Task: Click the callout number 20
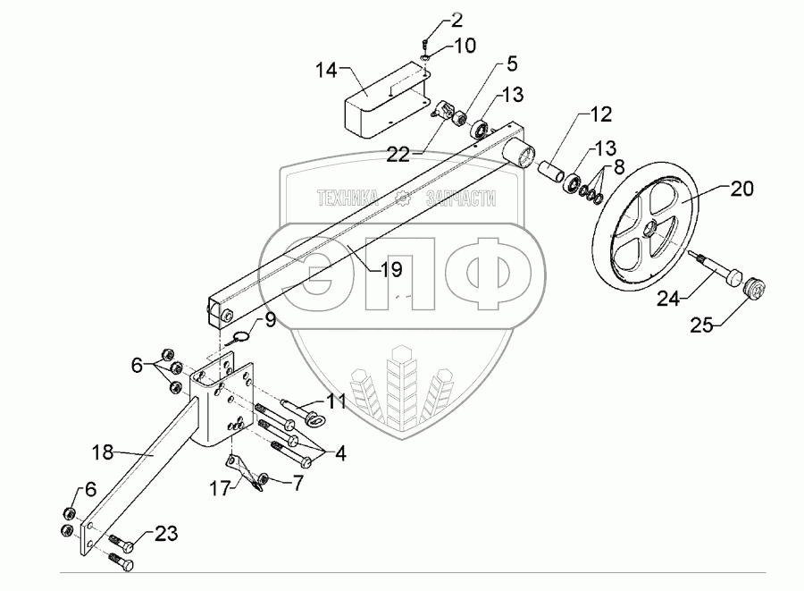pos(742,189)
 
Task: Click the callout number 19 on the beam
pos(391,267)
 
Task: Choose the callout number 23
pos(166,535)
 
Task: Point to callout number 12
pos(601,114)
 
